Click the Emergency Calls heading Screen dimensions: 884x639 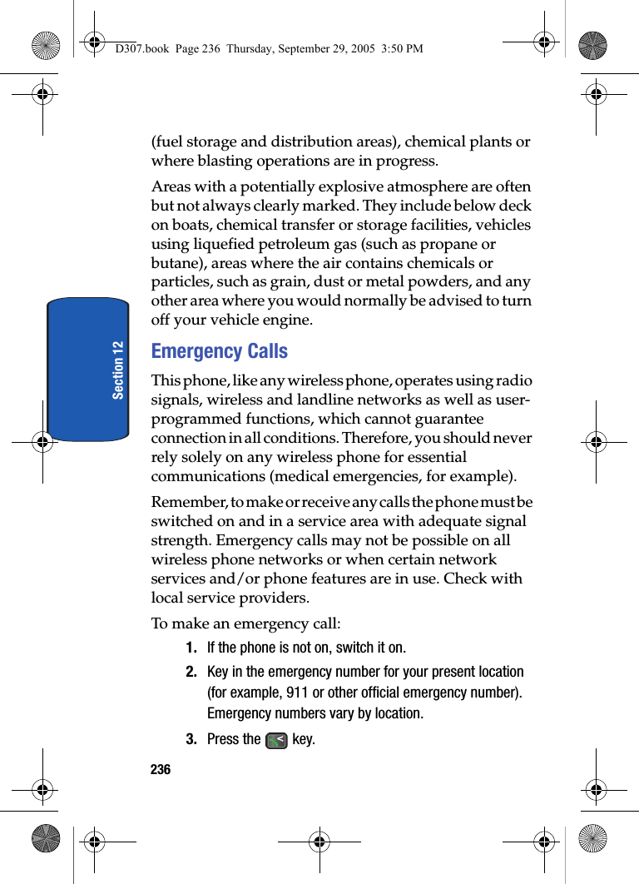(220, 351)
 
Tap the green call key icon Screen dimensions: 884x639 (276, 740)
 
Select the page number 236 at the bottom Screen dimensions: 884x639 (161, 770)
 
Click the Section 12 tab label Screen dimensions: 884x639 (119, 370)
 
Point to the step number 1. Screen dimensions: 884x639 (191, 648)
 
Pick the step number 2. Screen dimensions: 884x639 (191, 672)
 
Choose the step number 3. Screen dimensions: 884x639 (191, 739)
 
